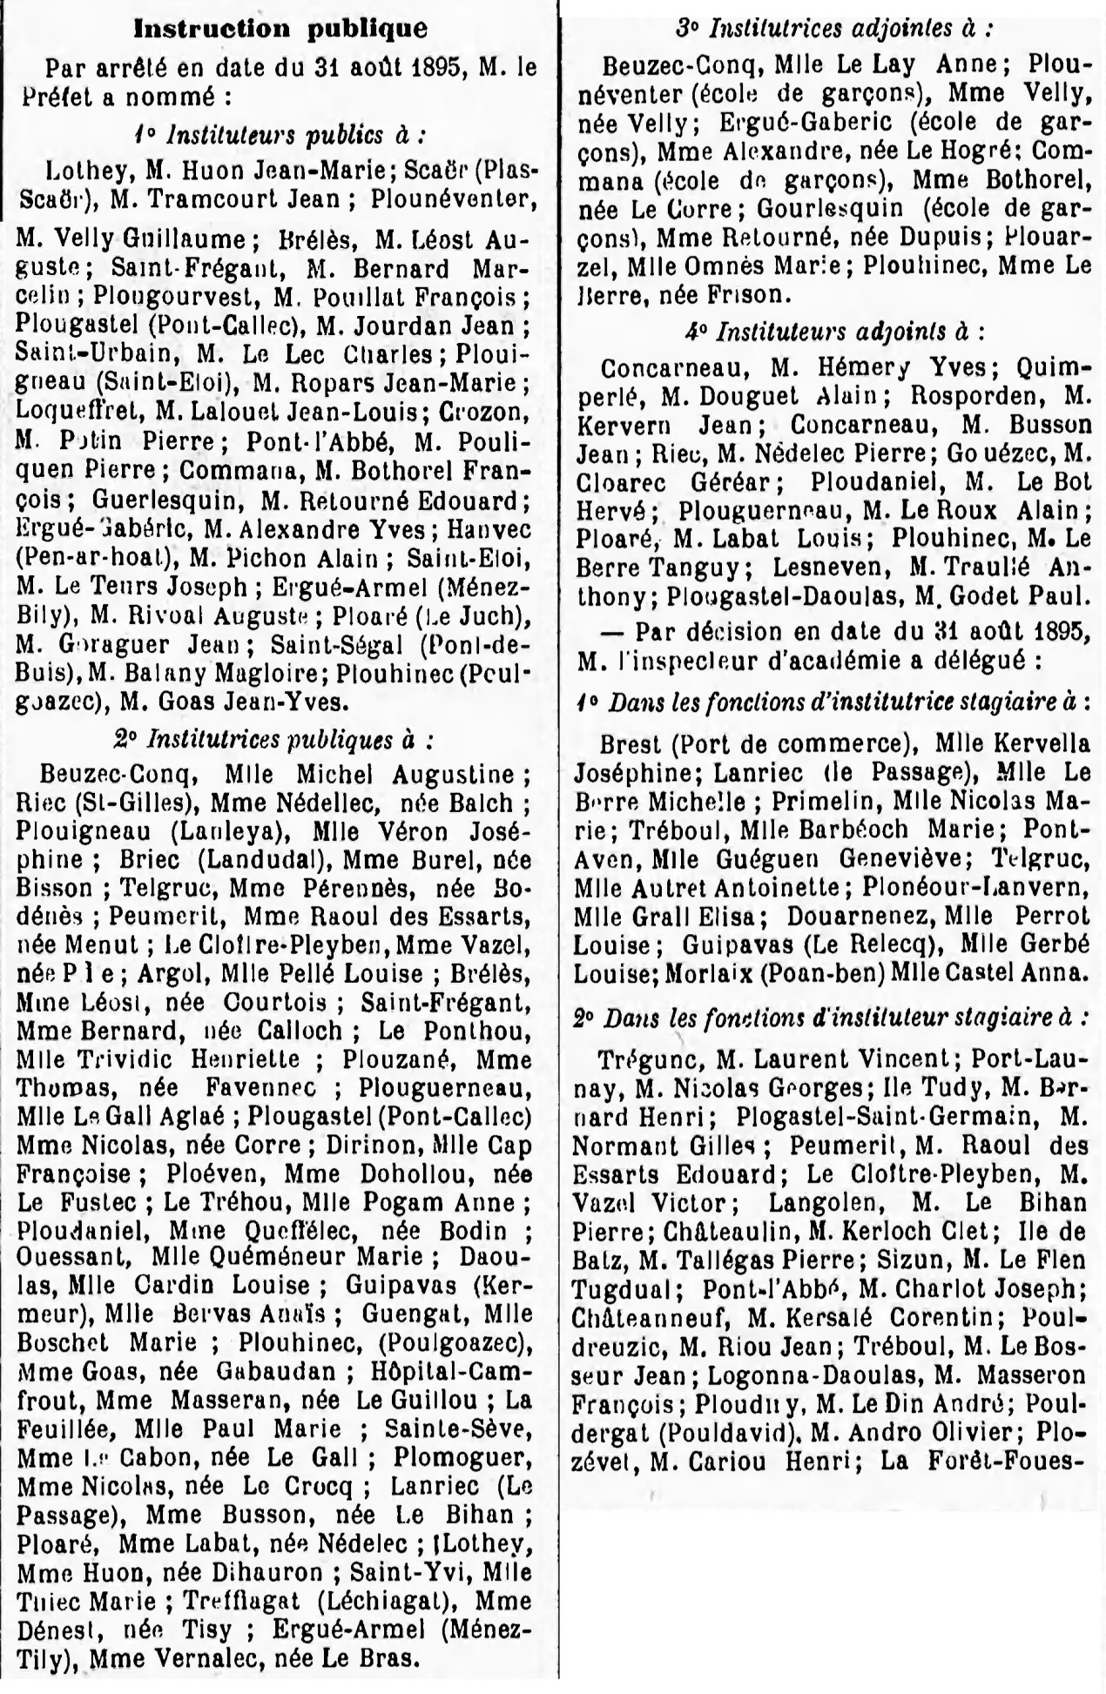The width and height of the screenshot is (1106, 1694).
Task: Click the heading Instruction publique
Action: click(x=280, y=29)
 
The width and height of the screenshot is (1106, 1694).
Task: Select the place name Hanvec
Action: click(x=493, y=528)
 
